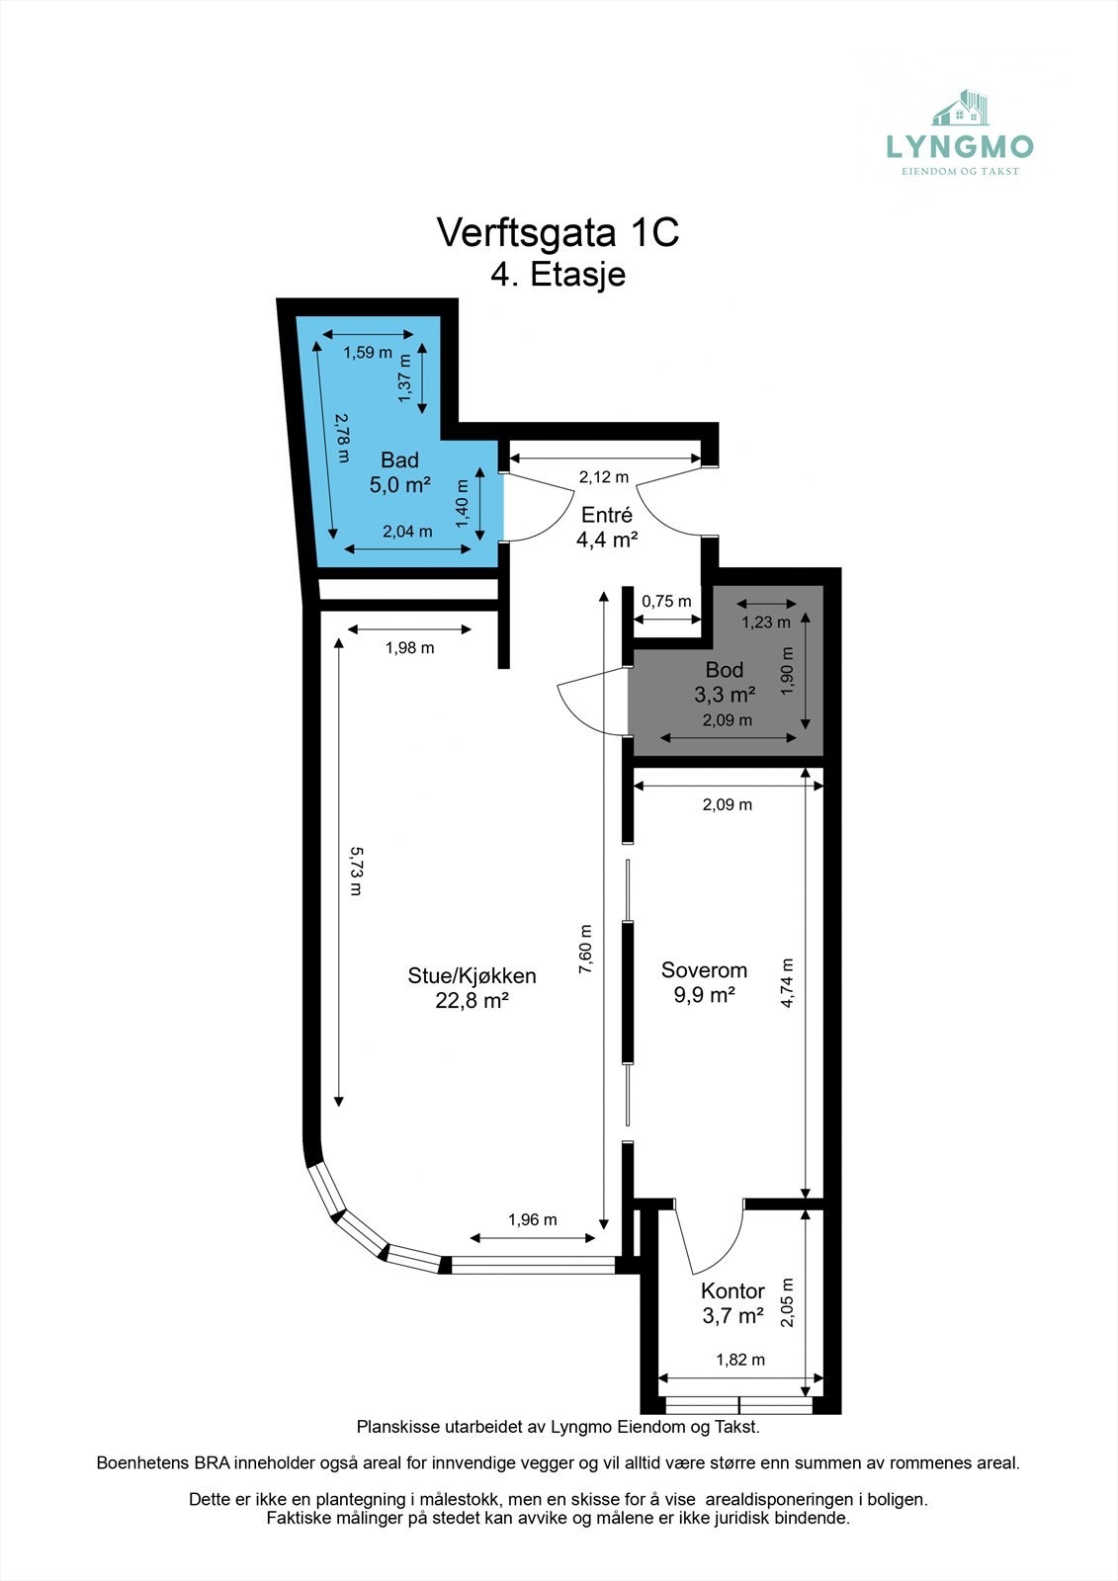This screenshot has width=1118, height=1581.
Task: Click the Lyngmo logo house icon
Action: coord(962,108)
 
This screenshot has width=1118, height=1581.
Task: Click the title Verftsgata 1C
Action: coord(558,232)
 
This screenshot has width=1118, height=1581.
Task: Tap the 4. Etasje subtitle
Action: coord(558,274)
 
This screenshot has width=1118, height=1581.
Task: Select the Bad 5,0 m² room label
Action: coord(399,472)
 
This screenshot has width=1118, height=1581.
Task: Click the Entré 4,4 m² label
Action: coord(606,527)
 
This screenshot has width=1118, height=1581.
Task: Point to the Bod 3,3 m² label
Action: coord(725,682)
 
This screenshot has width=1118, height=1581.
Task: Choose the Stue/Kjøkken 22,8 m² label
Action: coord(472,987)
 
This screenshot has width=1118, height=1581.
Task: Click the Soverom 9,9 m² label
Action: coord(704,982)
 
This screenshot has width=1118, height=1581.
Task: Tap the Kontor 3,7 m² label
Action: coord(732,1302)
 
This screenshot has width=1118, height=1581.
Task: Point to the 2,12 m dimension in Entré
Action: coord(603,477)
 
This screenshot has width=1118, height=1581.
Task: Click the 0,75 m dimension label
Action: coord(666,601)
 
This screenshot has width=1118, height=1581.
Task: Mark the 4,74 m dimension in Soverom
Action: coord(788,983)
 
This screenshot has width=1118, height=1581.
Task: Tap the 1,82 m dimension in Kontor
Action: coord(740,1360)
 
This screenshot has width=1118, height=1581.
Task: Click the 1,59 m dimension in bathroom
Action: coord(368,352)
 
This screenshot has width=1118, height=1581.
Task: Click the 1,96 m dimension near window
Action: coord(532,1219)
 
